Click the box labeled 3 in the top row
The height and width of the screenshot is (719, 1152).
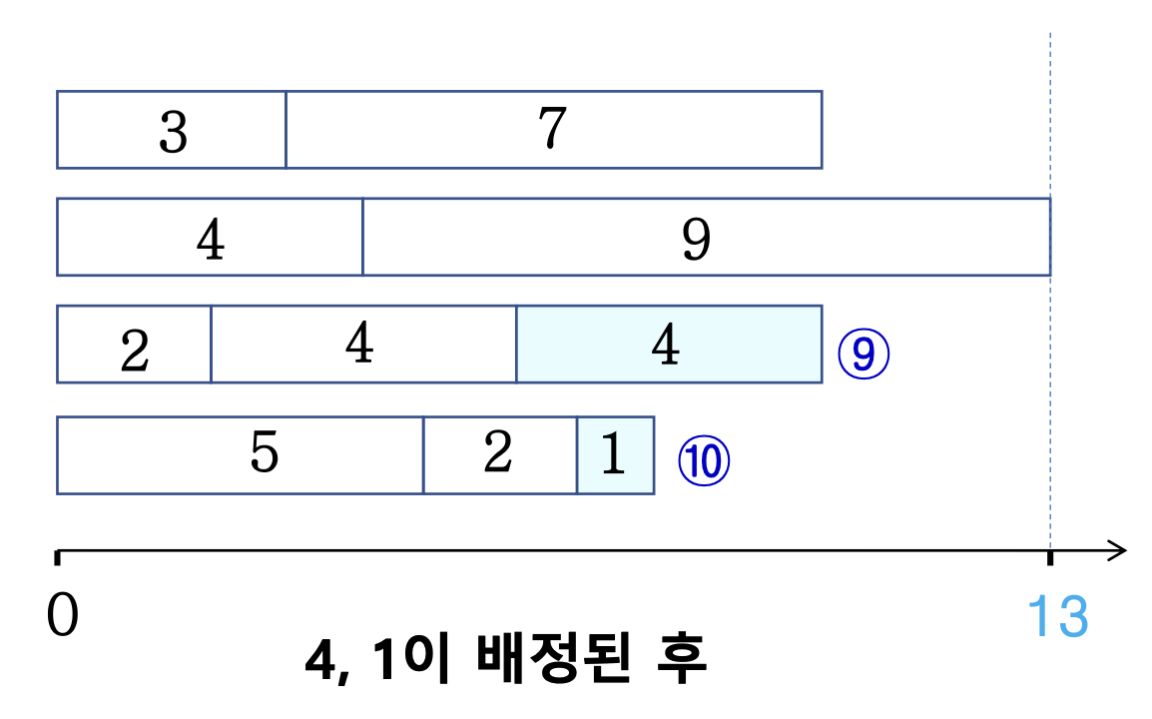coord(172,130)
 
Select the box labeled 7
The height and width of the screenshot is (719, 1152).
coord(553,130)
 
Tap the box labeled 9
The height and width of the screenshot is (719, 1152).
coord(706,237)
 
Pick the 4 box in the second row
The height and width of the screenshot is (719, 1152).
coord(210,237)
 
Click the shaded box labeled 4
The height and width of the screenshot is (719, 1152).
coord(668,345)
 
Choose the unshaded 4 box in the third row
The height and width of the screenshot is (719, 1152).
coord(362,345)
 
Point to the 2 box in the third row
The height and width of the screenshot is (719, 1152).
coord(134,346)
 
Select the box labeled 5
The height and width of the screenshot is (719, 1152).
coord(241,455)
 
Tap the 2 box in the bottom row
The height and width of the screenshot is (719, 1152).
coord(500,455)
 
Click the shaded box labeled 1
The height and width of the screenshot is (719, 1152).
coord(615,455)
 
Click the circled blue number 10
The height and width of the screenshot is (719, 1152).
coord(705,462)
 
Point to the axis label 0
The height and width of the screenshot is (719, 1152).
coord(62,617)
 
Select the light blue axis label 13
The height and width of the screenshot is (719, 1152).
coord(1058,617)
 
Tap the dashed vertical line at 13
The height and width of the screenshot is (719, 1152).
coord(1050,120)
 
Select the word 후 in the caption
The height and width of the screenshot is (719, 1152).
coord(680,660)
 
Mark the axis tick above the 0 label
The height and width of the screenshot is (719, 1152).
coord(58,556)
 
